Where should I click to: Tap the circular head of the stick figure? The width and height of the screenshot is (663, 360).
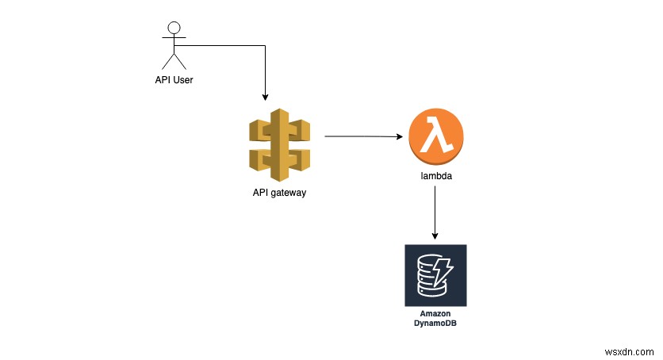point(174,29)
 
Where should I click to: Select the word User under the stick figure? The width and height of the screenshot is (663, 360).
point(183,79)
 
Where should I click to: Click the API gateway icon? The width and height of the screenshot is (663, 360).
point(280,144)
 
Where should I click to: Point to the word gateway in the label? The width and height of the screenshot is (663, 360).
point(288,193)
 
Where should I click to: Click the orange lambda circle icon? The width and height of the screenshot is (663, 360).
point(435,137)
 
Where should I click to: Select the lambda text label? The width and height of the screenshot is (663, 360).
point(435,178)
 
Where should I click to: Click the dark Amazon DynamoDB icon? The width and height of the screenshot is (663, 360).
point(435,275)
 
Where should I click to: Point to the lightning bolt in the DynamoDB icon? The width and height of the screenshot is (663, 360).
point(446,273)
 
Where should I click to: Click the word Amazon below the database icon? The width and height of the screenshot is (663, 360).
point(435,315)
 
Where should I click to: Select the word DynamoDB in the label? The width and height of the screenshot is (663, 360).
point(435,324)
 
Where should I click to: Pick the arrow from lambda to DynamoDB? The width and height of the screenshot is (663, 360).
point(435,213)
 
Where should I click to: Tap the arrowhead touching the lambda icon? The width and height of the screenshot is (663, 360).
point(399,136)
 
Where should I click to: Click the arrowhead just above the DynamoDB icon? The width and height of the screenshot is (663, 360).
point(435,236)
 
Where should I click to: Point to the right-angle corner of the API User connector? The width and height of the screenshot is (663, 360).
point(266,46)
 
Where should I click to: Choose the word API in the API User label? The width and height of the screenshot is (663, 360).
point(163,79)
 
